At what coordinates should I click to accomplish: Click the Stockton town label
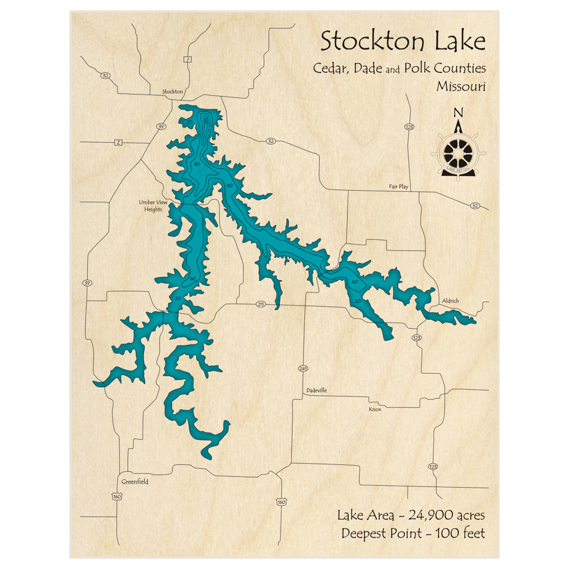172,91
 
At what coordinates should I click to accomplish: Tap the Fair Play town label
398,186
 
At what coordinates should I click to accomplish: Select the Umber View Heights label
150,205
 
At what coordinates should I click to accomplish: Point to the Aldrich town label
450,300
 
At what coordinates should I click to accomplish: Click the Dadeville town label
317,390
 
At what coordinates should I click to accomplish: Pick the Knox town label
374,409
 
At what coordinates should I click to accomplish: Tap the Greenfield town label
135,481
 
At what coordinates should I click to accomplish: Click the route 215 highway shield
261,304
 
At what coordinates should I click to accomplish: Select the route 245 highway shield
302,369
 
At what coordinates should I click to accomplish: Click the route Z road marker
118,142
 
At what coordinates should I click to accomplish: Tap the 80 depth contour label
197,164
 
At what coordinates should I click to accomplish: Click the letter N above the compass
458,113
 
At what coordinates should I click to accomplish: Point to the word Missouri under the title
461,86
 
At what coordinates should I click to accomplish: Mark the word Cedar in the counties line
330,68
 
